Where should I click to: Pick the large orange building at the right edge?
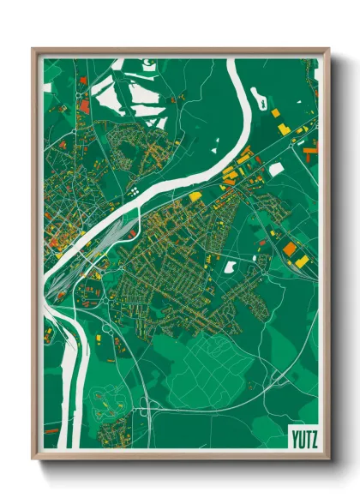(x=309, y=150)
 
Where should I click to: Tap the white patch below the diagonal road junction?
(x=276, y=170)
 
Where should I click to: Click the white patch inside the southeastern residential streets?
(x=230, y=267)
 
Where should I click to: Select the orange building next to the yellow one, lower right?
(x=290, y=249)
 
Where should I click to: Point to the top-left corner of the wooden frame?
(x=33, y=49)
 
